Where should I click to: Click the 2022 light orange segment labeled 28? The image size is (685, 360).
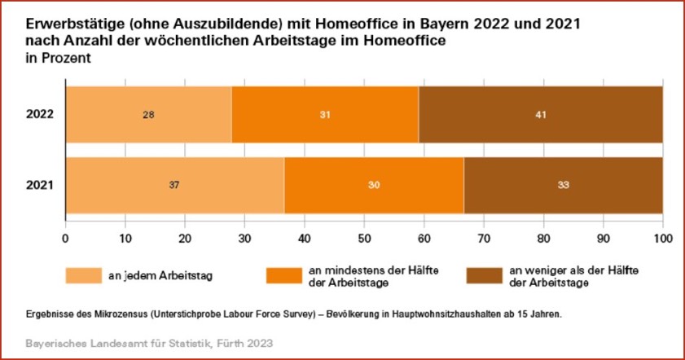148,114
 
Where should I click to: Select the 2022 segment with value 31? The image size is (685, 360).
325,114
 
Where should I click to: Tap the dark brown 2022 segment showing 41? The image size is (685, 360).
540,114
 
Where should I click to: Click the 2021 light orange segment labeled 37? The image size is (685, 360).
174,185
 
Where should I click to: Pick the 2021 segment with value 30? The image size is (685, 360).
374,185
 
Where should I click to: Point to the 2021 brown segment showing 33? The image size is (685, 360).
563,185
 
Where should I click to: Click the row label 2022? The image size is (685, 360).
39,114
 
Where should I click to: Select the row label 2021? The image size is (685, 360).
39,185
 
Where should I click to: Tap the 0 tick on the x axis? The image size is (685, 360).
65,238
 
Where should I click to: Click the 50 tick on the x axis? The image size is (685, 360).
364,238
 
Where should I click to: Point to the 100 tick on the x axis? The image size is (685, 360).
662,238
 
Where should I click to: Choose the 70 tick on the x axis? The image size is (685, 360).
483,238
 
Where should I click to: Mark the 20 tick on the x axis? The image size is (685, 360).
185,238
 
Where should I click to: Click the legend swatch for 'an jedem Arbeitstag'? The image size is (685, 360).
84,275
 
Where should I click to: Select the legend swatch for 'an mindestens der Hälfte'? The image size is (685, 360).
285,275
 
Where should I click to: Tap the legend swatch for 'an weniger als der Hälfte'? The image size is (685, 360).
484,275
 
